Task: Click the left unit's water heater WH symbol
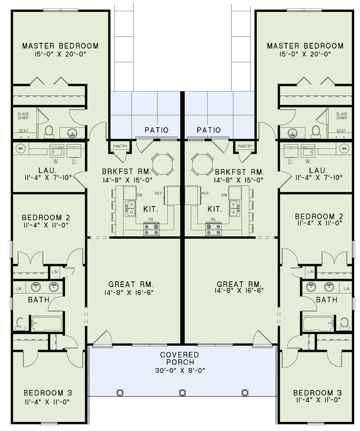coord(21,149)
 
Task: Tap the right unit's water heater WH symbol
coord(344,149)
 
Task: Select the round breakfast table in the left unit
coord(162,164)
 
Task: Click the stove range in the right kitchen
coord(213,229)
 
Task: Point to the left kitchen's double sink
coord(130,208)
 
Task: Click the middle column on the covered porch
coord(182,393)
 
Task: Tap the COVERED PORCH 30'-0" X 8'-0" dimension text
coord(180,371)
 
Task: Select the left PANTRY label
coord(120,146)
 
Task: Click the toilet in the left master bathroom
coord(49,132)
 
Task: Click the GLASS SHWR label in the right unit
coord(342,116)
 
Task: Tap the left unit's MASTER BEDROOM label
coord(60,46)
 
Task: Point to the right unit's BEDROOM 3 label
coord(317,393)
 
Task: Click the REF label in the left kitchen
coord(158,193)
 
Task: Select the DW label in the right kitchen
coord(225,195)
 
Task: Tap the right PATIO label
coord(209,130)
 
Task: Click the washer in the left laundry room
coord(57,151)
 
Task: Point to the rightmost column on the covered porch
coord(245,393)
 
